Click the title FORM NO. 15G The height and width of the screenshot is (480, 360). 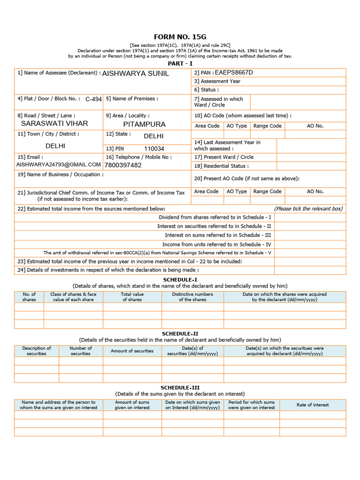point(180,37)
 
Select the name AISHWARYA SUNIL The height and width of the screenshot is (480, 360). point(135,74)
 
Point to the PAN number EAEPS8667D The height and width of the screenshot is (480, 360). point(233,73)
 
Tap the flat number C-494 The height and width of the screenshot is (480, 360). point(93,99)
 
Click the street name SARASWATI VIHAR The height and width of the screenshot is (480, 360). point(54,124)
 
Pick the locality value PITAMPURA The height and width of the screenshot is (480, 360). point(144,124)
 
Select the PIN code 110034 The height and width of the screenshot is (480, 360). point(154,149)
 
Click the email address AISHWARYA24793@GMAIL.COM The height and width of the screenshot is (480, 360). point(59,165)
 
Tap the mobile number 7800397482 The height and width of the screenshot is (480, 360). point(123,165)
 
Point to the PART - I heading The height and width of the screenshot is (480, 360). point(180,63)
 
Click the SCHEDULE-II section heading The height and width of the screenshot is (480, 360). point(180,334)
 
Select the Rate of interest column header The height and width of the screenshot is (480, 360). point(313,405)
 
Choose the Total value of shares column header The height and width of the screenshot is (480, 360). point(132,297)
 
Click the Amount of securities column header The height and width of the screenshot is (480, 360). point(132,351)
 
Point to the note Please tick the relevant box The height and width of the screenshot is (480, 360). point(308,209)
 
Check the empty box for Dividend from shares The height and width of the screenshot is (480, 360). point(310,217)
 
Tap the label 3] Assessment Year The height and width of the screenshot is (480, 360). point(217,81)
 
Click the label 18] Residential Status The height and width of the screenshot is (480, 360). point(221,166)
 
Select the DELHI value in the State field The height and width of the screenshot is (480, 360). point(154,136)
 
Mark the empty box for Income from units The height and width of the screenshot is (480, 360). point(310,244)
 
